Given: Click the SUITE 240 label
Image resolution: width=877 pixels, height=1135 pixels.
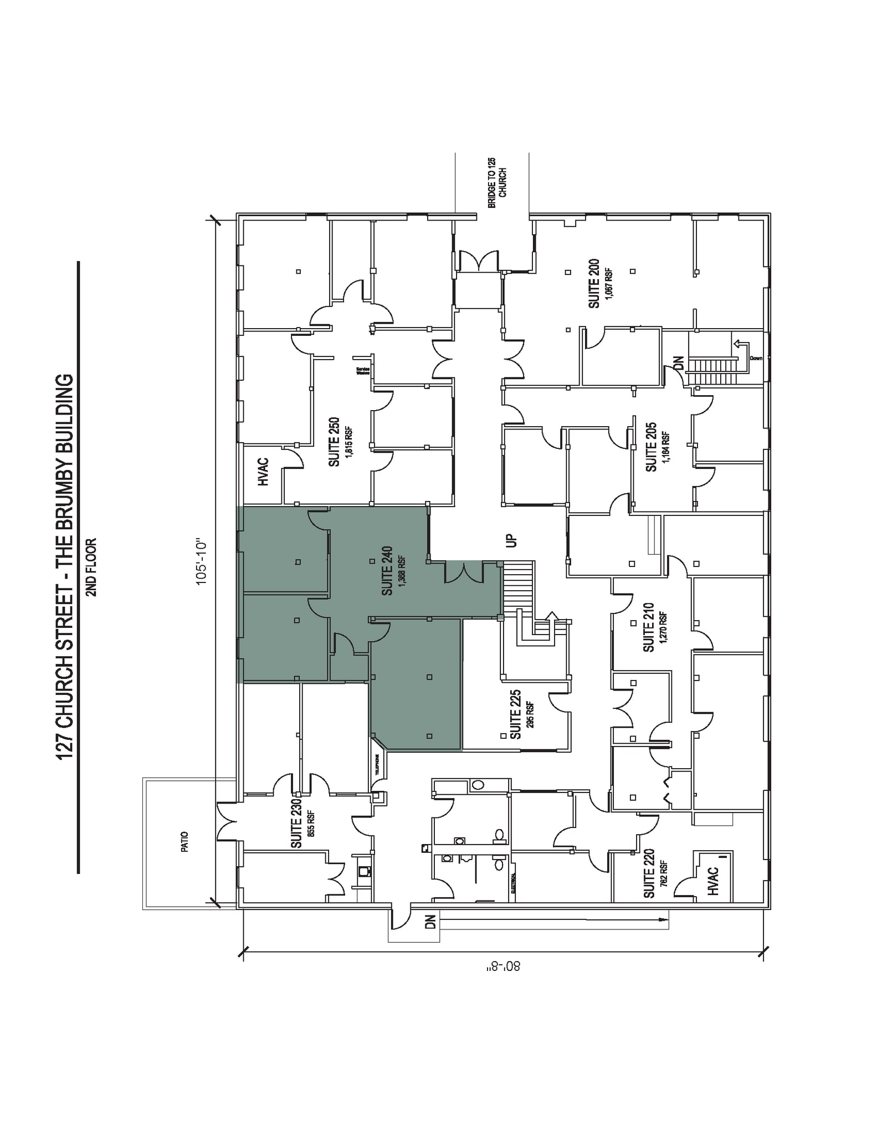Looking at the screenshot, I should [387, 571].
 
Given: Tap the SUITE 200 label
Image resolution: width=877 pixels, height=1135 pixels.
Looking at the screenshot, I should [594, 283].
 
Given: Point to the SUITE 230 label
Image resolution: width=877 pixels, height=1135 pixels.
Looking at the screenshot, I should [296, 823].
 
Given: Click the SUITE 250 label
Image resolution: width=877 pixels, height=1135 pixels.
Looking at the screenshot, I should [334, 442].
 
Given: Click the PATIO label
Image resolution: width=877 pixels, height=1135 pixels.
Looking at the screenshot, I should [185, 841].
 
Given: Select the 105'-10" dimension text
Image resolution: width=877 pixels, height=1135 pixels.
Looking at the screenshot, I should [201, 560].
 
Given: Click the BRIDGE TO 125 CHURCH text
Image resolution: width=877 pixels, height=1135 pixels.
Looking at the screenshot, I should [497, 183].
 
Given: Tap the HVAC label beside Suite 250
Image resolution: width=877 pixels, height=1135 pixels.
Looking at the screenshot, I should [264, 472].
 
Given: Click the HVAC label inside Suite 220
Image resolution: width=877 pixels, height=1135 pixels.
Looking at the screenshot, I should [714, 881].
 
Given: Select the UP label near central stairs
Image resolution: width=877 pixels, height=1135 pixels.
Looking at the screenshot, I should [512, 540].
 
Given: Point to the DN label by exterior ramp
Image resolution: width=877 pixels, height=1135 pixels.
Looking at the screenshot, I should [430, 922].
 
